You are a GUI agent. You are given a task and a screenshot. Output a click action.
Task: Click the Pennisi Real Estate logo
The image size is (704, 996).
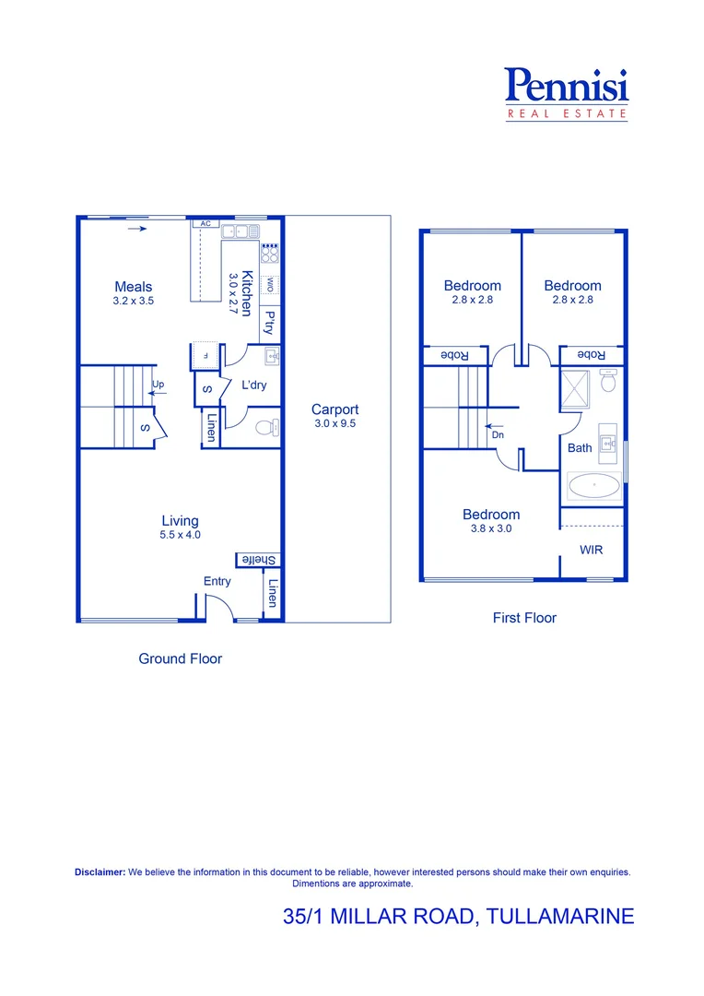point(567,94)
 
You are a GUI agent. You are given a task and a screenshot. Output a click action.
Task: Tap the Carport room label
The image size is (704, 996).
point(334,409)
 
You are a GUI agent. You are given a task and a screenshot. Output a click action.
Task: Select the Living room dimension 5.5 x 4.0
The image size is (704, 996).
point(181,535)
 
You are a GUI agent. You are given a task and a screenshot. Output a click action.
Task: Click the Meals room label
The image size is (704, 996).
point(134,287)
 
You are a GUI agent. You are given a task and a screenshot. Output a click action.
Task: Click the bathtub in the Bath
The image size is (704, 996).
point(594,485)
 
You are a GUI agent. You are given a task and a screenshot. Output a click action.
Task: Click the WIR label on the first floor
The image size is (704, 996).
point(592,550)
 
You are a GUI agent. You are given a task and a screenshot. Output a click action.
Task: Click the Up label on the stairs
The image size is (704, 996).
point(158,384)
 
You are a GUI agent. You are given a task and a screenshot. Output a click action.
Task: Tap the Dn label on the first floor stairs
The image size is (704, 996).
point(498,434)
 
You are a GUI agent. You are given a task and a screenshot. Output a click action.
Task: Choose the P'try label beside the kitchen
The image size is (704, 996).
point(269,322)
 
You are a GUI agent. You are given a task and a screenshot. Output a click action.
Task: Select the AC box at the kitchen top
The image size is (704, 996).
point(205,224)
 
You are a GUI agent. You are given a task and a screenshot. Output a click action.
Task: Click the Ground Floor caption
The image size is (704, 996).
point(180,658)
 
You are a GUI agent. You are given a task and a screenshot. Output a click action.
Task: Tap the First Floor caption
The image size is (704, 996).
point(524,618)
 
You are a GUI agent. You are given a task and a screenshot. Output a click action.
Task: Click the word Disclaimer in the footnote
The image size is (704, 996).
point(100,871)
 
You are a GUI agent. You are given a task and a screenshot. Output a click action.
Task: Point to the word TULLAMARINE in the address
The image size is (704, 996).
point(560,917)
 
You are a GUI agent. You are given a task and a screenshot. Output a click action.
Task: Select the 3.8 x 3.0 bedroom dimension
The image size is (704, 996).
point(491,529)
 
